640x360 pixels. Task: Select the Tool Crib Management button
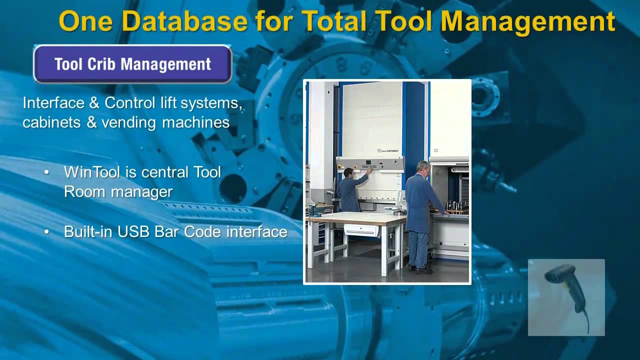(x=132, y=64)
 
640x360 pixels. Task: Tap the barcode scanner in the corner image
(x=564, y=285)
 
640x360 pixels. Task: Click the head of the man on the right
(x=423, y=167)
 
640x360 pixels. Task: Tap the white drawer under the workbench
(x=360, y=230)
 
